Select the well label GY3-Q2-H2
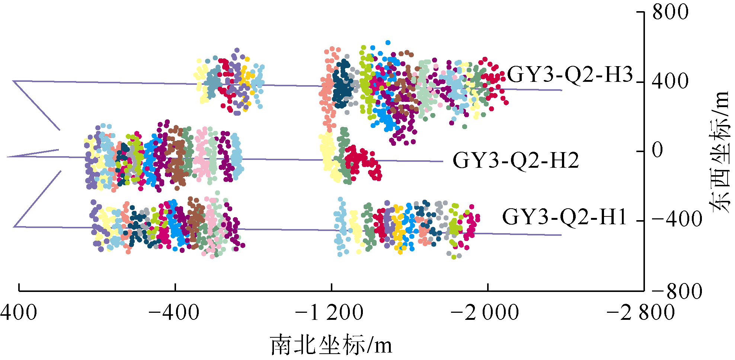pyautogui.click(x=516, y=161)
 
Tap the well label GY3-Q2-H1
pyautogui.click(x=565, y=217)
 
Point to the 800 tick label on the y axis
pyautogui.click(x=670, y=12)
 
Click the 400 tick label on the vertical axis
pyautogui.click(x=670, y=81)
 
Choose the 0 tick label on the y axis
pyautogui.click(x=658, y=150)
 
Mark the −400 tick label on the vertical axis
pyautogui.click(x=677, y=219)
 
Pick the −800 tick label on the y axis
pyautogui.click(x=677, y=291)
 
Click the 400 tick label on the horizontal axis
pyautogui.click(x=19, y=312)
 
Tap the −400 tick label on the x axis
pyautogui.click(x=174, y=312)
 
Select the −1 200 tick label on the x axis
pyautogui.click(x=329, y=312)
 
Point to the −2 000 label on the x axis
pyautogui.click(x=485, y=312)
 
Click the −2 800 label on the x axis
pyautogui.click(x=641, y=312)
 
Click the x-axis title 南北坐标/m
pyautogui.click(x=331, y=345)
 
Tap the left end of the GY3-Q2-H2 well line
pyautogui.click(x=7, y=157)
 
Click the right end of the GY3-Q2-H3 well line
pyautogui.click(x=561, y=90)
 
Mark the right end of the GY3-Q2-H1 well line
pyautogui.click(x=561, y=235)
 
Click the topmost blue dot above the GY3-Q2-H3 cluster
pyautogui.click(x=388, y=43)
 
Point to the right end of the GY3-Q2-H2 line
pyautogui.click(x=442, y=161)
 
